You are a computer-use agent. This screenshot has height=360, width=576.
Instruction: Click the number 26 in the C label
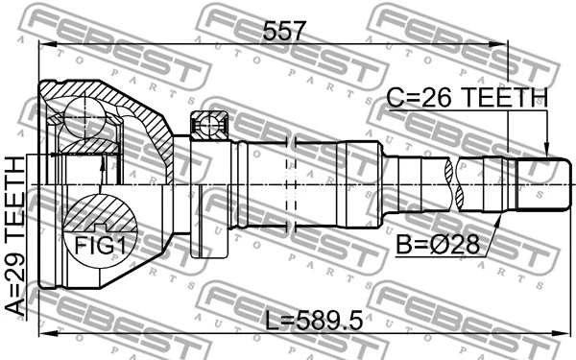tap(438, 98)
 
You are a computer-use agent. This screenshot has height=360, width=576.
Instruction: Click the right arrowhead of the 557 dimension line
tap(502, 43)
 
